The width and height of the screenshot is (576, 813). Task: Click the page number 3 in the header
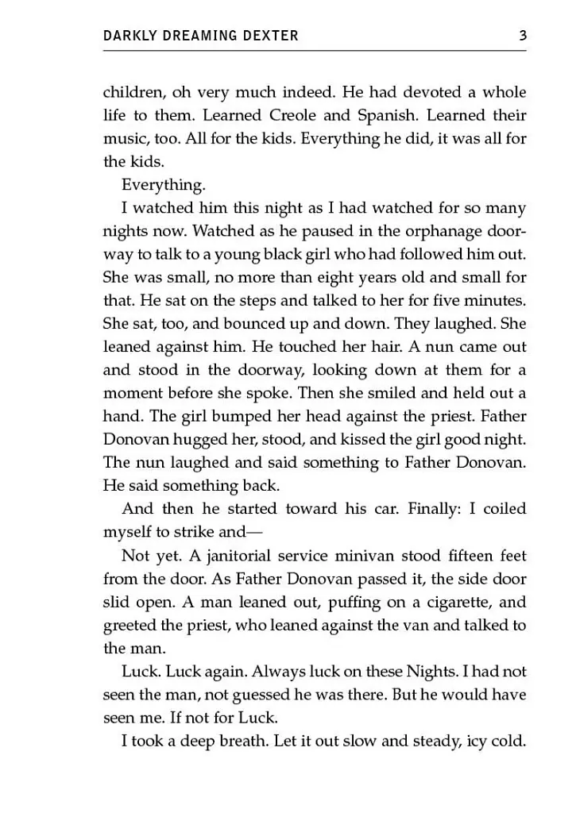522,35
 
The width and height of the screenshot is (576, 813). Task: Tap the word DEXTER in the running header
273,36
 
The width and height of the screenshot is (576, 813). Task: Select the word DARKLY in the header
128,36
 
